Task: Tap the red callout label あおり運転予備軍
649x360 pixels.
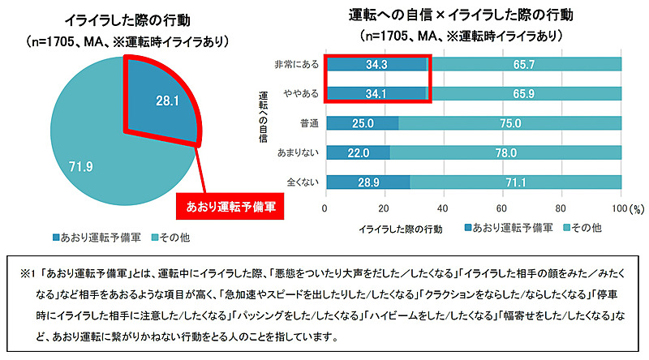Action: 230,207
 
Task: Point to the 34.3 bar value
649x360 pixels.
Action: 375,63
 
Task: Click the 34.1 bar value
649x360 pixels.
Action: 375,92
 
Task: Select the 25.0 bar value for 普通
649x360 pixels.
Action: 363,122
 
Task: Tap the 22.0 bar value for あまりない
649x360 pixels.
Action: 358,152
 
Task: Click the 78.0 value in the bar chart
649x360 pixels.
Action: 505,152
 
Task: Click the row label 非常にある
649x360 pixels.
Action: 297,63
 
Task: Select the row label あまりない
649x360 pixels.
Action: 297,152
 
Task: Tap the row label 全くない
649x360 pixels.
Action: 301,182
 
